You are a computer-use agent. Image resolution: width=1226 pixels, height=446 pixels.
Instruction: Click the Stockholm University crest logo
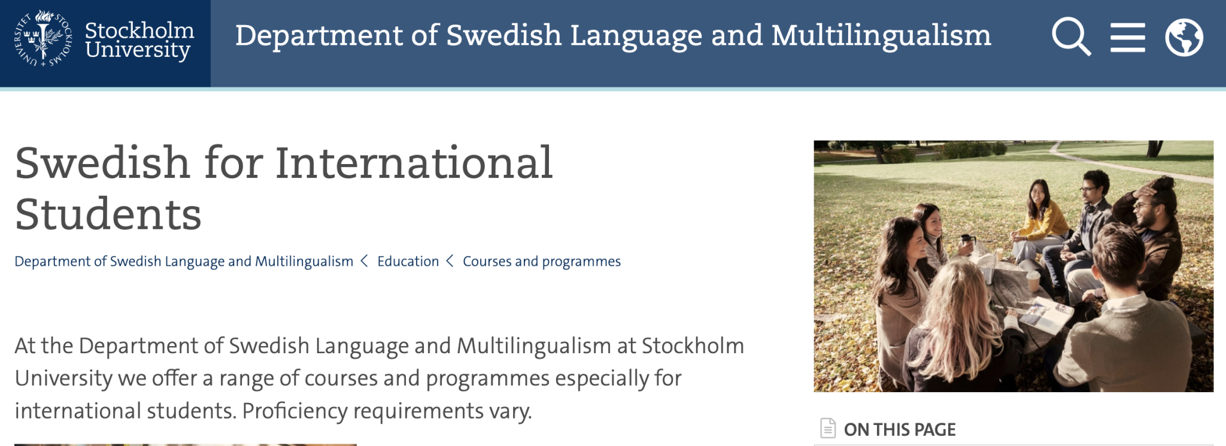coord(43,38)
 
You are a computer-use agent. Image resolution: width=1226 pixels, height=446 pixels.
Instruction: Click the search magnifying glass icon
coord(1071,37)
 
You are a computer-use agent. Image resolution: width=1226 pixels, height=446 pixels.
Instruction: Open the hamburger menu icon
coord(1128,37)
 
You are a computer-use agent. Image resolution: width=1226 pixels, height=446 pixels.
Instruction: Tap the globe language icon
coord(1184,37)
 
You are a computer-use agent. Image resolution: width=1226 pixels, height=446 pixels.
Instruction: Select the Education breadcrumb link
coord(408,262)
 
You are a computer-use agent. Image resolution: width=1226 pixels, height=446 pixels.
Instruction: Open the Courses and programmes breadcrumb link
coord(542,262)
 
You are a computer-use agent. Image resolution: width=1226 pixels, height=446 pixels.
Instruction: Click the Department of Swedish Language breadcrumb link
coord(184,262)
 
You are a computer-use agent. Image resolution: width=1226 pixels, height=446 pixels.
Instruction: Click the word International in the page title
coord(414,163)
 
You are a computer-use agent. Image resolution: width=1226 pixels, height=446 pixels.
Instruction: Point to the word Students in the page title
coord(108,214)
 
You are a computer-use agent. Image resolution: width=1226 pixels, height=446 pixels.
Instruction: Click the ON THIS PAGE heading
coord(900,429)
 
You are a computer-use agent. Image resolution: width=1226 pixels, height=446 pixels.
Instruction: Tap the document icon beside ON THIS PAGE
coord(828,428)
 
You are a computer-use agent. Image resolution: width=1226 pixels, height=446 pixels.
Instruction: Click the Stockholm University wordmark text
coord(139,40)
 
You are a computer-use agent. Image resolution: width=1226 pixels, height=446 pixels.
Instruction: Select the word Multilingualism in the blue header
coord(881,36)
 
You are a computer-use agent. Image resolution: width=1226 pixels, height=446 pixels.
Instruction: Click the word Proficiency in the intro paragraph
coord(295,411)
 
